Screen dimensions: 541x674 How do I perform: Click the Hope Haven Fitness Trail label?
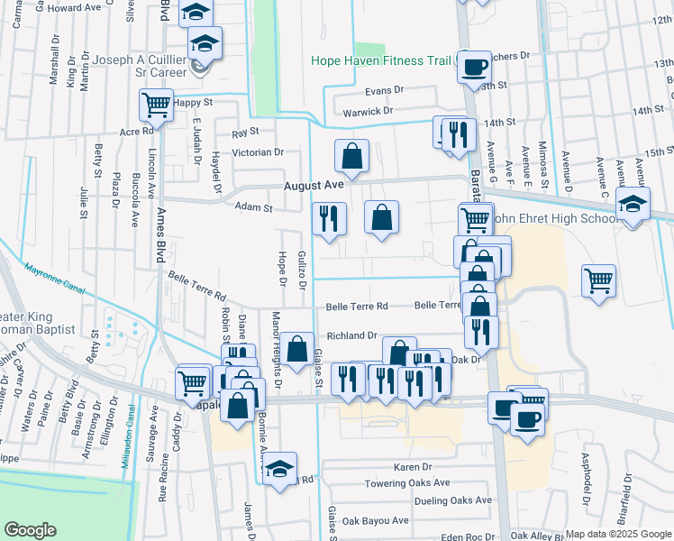(x=382, y=61)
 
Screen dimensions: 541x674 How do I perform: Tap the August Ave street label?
(x=314, y=185)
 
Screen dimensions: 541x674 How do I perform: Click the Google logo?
(x=30, y=530)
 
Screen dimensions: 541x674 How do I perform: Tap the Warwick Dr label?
(x=369, y=112)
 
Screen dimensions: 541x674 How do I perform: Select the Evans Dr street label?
(x=385, y=91)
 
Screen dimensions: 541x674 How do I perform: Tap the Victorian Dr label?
(x=258, y=152)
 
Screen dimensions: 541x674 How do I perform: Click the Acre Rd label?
(x=137, y=131)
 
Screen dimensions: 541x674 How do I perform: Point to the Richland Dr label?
(x=351, y=335)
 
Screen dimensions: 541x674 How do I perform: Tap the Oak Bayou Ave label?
(x=376, y=520)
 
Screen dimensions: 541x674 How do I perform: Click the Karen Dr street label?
(x=413, y=467)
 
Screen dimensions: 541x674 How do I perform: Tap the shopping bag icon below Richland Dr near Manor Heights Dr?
(x=296, y=349)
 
